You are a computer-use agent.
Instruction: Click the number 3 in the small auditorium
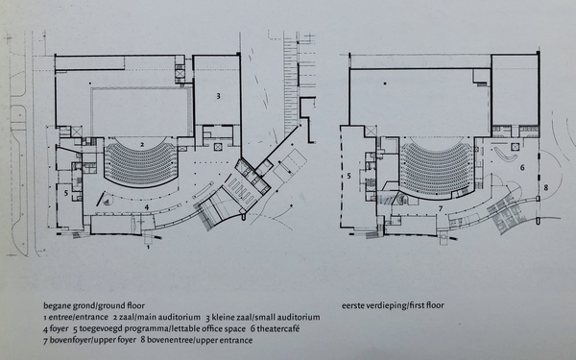219,96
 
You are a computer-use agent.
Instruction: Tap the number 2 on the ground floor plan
141,143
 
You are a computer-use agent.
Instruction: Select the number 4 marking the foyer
146,206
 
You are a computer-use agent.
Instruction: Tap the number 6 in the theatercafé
522,168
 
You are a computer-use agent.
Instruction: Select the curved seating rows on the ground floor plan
141,164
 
